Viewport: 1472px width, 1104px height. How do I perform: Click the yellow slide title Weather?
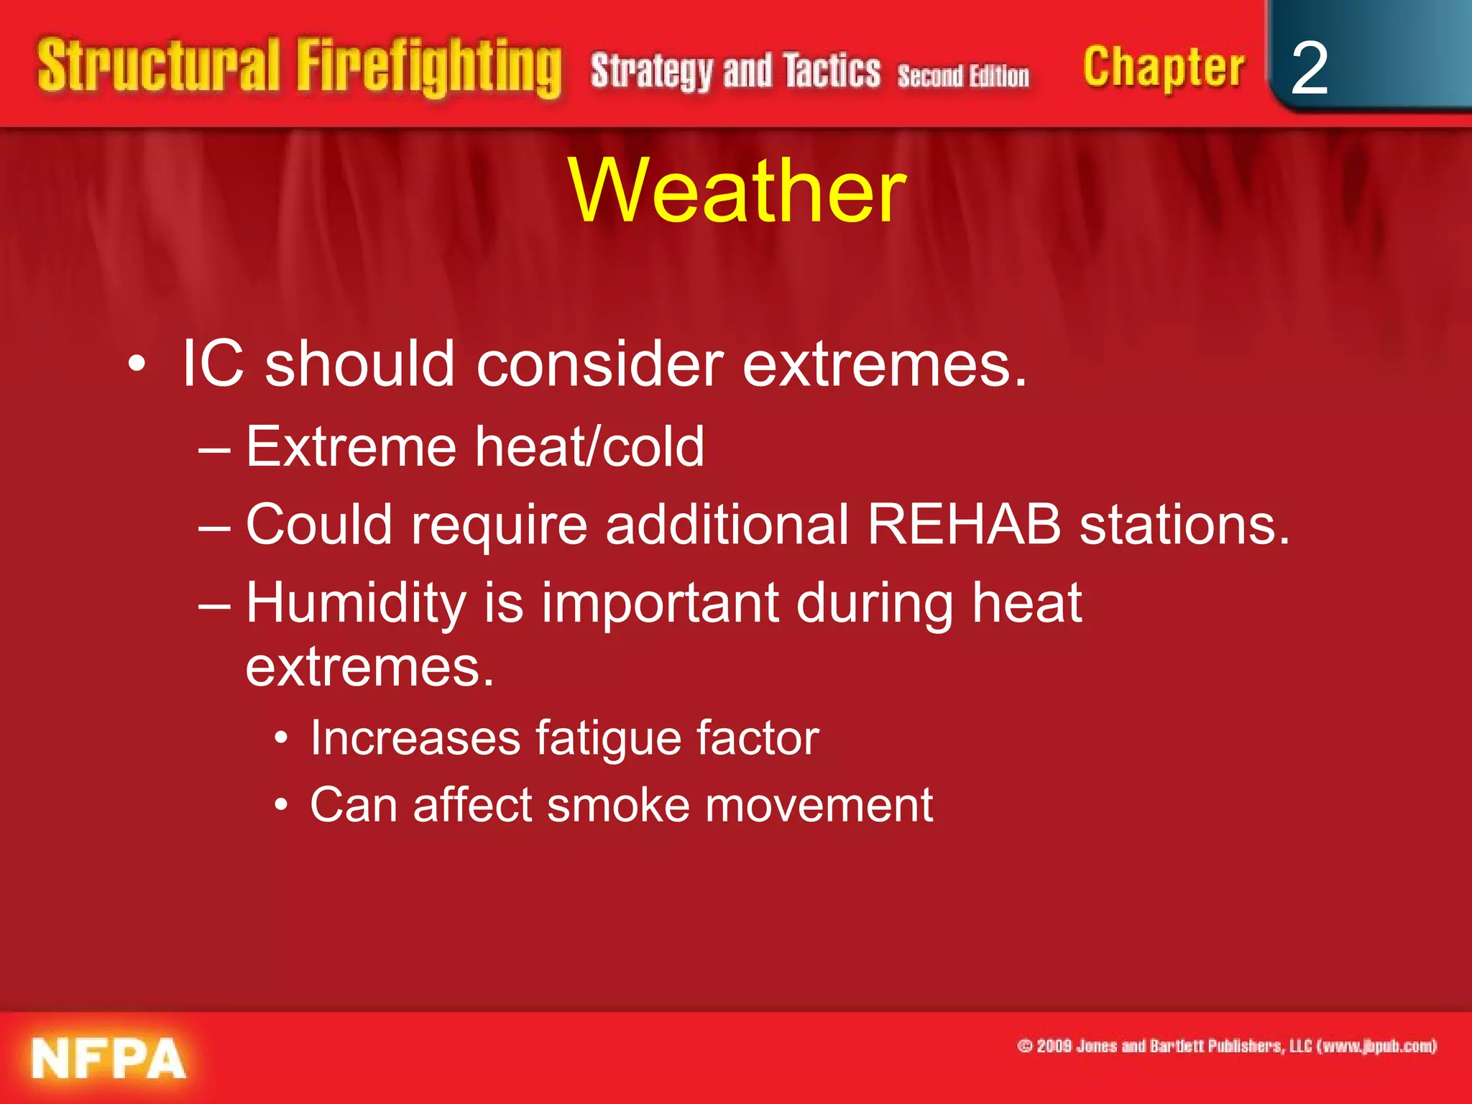click(737, 191)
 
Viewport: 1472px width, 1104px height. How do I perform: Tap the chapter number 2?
click(1309, 68)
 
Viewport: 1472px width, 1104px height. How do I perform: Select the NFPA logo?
click(109, 1059)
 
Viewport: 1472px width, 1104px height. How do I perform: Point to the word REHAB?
click(964, 525)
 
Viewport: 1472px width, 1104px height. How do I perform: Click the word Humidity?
click(356, 602)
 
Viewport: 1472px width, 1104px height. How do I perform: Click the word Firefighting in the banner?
click(429, 67)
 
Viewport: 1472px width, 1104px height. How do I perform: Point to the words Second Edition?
click(963, 76)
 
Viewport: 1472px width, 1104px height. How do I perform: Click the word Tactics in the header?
click(832, 72)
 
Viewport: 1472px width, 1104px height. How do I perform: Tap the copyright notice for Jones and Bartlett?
click(1227, 1046)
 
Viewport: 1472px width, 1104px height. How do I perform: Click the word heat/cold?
click(589, 447)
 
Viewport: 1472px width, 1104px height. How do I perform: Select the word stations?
click(1184, 525)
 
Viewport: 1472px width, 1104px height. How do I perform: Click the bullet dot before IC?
click(137, 365)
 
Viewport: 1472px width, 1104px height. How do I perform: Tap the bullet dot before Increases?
click(282, 738)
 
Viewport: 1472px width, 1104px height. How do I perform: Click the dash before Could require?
click(214, 526)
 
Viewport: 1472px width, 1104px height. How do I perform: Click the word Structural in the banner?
click(158, 67)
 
